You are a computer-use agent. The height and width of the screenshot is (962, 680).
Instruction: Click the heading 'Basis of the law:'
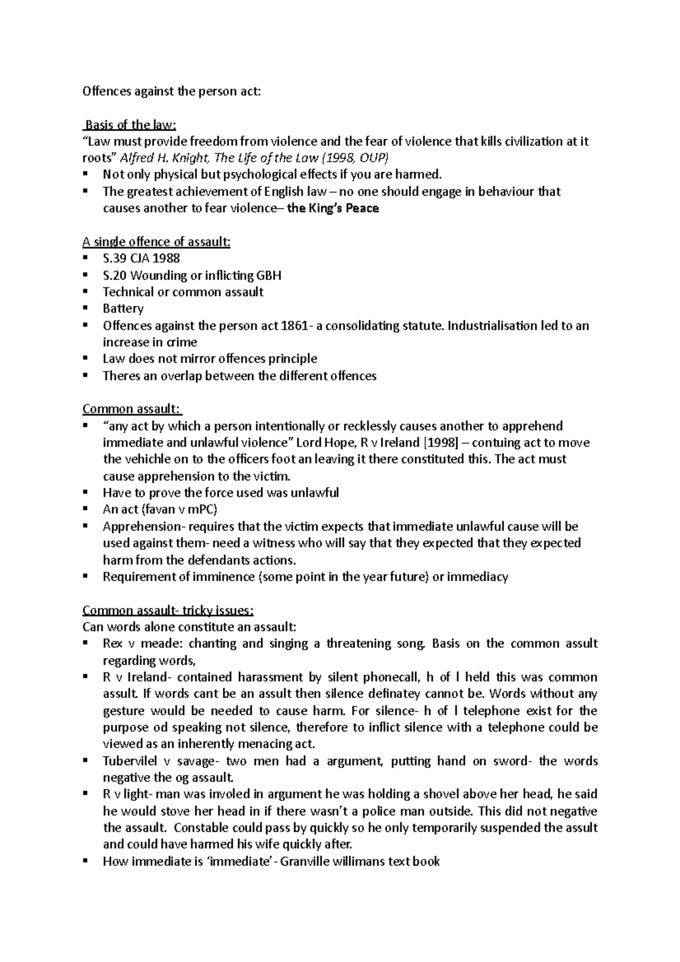coord(130,125)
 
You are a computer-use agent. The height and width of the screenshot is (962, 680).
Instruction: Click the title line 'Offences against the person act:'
coord(172,91)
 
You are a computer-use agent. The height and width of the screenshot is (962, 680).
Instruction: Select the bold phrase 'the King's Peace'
coord(333,208)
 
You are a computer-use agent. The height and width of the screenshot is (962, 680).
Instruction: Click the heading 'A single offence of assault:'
coord(156,242)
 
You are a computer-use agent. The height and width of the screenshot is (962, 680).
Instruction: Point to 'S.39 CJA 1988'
coord(141,259)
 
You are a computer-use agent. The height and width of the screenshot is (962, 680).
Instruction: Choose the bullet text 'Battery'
coord(123,309)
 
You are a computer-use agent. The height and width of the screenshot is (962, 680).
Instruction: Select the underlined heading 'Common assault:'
coord(131,409)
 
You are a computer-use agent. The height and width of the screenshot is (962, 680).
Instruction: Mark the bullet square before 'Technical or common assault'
coord(86,292)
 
